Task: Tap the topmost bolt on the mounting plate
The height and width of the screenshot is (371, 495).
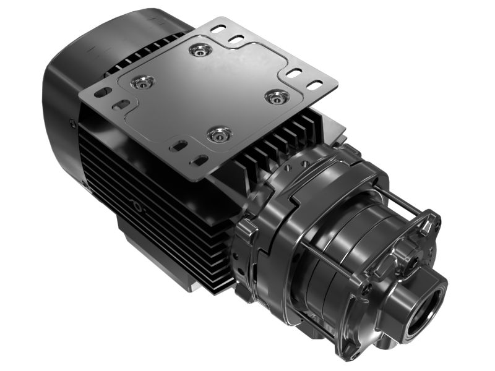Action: click(200, 49)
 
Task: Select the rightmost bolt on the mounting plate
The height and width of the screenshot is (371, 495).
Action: click(277, 96)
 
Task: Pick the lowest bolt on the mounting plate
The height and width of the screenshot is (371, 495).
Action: click(219, 134)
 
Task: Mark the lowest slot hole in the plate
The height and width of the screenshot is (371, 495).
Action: click(200, 160)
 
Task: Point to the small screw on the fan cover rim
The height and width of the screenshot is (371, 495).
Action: click(73, 124)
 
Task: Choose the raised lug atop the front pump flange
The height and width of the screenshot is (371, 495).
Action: click(427, 223)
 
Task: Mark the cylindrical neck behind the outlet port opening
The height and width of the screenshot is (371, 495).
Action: click(405, 297)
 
